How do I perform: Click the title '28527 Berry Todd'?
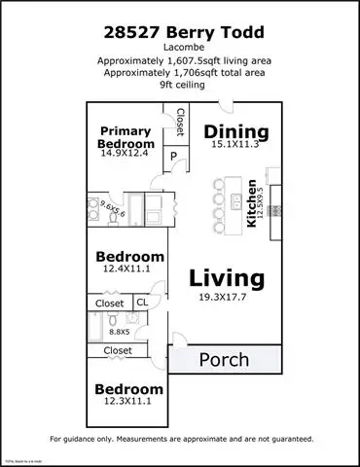click(180, 31)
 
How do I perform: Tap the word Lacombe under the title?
click(180, 46)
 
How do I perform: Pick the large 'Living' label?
click(226, 278)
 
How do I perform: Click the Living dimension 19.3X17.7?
click(226, 299)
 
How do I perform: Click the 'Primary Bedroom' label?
click(126, 137)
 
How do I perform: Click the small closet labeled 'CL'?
click(142, 304)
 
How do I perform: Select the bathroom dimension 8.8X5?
click(118, 330)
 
